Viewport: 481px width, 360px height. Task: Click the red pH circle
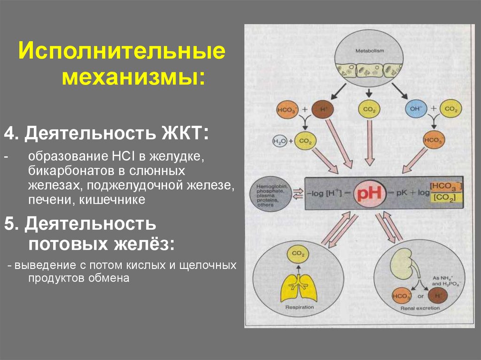(x=369, y=193)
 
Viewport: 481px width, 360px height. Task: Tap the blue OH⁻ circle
(x=415, y=109)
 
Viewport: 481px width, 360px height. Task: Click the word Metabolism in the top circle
(x=370, y=51)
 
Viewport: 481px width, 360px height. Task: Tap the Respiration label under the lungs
(x=299, y=308)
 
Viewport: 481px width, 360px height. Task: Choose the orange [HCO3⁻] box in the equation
(x=445, y=186)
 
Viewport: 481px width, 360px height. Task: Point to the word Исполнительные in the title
(x=121, y=51)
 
